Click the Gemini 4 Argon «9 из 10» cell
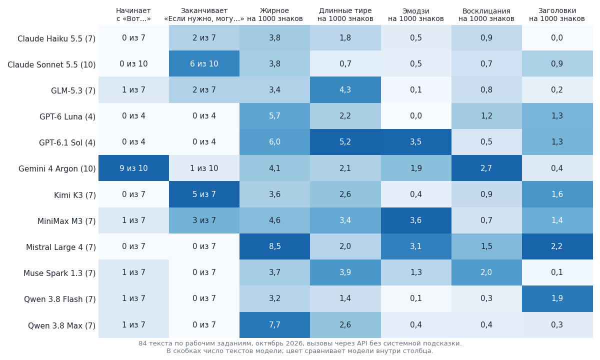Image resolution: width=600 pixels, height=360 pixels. tap(133, 168)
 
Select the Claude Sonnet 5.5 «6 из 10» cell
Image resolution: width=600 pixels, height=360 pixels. tap(204, 64)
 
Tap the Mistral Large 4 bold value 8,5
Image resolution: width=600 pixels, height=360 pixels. tap(275, 246)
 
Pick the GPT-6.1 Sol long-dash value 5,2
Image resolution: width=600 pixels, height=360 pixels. tap(345, 142)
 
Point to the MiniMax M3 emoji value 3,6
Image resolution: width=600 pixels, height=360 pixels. tap(416, 220)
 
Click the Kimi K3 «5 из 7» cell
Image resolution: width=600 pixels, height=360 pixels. tap(204, 194)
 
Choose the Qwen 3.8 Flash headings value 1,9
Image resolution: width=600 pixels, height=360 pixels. tap(557, 298)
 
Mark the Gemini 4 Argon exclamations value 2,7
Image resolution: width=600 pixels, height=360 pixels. tap(486, 168)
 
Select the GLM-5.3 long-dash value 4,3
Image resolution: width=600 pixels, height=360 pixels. tap(345, 89)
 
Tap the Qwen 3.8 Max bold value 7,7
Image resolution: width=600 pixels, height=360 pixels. tap(275, 325)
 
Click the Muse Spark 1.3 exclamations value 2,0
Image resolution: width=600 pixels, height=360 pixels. tap(486, 272)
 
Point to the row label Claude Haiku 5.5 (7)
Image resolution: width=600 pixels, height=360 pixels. tap(56, 39)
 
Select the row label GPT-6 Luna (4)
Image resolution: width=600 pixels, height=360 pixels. tap(67, 117)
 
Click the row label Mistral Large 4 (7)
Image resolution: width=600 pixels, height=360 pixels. tap(61, 247)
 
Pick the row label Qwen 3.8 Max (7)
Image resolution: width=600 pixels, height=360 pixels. tap(62, 325)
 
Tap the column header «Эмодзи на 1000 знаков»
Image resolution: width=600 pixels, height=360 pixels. tap(416, 14)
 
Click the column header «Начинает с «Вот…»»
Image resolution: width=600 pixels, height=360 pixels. tap(133, 14)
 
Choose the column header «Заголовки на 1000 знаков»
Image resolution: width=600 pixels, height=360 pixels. tap(557, 14)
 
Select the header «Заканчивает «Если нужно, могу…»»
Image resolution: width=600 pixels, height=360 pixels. tap(204, 14)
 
